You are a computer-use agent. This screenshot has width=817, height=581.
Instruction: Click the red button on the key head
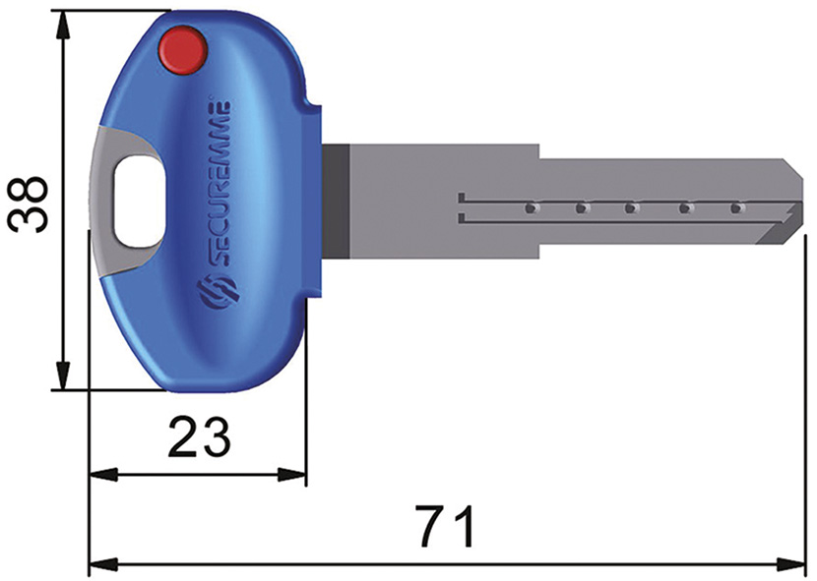[183, 50]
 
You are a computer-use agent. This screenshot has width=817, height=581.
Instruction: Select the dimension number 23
[200, 436]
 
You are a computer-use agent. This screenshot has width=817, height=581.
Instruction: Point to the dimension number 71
[445, 527]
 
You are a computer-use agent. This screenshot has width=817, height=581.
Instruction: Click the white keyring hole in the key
[134, 203]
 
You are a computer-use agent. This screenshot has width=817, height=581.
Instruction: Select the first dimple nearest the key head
[530, 208]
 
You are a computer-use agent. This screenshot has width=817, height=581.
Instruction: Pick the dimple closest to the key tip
[734, 208]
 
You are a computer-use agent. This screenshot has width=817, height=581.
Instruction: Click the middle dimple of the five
[632, 208]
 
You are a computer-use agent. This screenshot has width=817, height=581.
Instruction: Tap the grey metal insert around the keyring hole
[110, 157]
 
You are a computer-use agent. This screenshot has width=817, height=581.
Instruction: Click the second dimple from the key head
[581, 208]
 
